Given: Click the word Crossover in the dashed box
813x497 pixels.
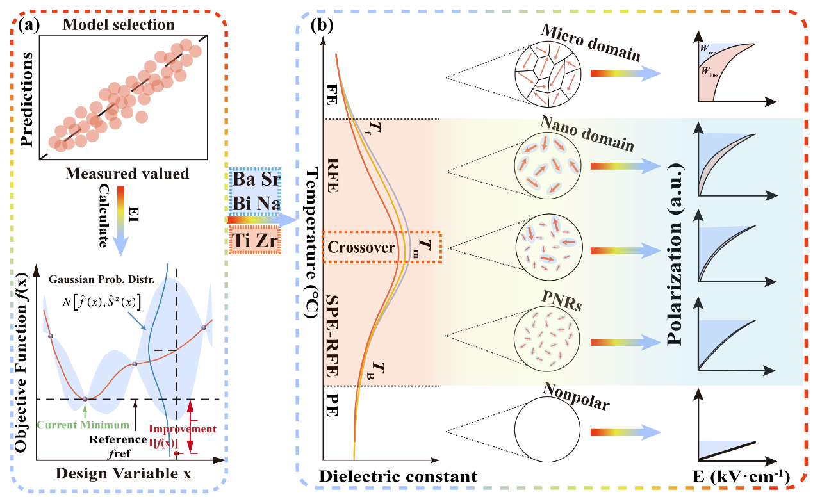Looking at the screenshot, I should pos(361,247).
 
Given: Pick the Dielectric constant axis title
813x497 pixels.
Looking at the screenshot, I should pos(398,476).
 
